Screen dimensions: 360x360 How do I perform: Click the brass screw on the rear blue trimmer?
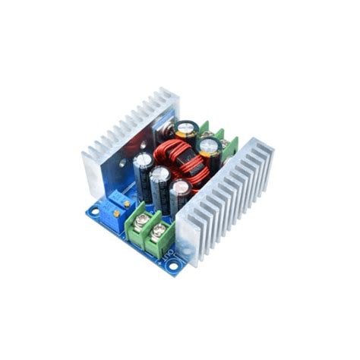click(x=122, y=197)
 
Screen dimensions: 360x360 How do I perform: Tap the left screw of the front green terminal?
click(x=141, y=219)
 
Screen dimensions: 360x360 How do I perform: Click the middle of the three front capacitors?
click(x=160, y=190)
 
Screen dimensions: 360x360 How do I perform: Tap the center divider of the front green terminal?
click(x=150, y=228)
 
